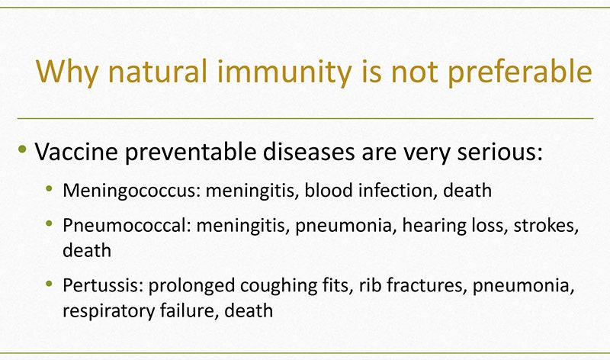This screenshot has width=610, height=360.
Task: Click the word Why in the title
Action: (67, 72)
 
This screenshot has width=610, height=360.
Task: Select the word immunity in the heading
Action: (284, 72)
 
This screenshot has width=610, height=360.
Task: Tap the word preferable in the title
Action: (520, 72)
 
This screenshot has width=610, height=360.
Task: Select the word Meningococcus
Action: (131, 191)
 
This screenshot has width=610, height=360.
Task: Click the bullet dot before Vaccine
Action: (22, 149)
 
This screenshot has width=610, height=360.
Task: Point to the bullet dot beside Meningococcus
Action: (49, 188)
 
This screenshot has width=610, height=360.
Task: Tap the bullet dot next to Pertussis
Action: (49, 283)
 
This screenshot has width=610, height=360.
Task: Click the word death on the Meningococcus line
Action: (467, 191)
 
